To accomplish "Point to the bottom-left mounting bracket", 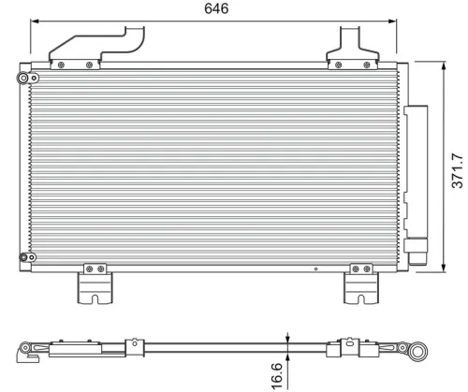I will pyautogui.click(x=94, y=283).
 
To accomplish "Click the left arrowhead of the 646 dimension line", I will pyautogui.click(x=35, y=25).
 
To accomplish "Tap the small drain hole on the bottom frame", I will pyautogui.click(x=316, y=269).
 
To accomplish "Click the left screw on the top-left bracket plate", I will pyautogui.click(x=61, y=65).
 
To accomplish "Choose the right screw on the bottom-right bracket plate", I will pyautogui.click(x=369, y=269).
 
